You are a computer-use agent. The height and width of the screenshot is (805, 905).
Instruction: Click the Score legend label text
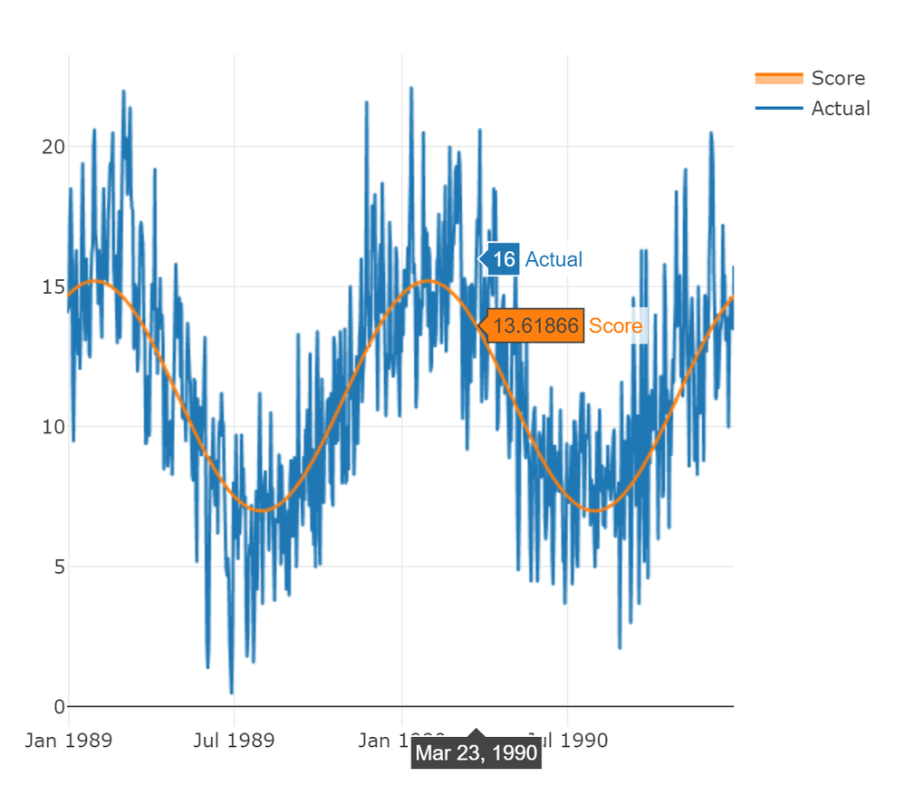[837, 78]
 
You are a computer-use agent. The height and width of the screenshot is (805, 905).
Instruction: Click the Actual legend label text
[840, 109]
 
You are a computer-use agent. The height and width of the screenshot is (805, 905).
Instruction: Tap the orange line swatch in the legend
[778, 78]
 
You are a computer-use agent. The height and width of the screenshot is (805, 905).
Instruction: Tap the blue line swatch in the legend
[778, 109]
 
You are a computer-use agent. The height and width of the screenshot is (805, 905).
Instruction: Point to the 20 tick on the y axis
[53, 147]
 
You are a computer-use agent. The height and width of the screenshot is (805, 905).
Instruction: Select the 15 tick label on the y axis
[53, 287]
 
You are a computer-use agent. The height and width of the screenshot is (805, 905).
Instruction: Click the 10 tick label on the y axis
[53, 427]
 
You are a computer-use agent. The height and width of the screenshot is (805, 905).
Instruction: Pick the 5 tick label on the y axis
[60, 567]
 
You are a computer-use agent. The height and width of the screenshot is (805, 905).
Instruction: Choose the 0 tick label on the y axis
[60, 706]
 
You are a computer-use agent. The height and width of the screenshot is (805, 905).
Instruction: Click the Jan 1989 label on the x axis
[69, 741]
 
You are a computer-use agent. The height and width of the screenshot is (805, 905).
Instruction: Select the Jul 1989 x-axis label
[234, 741]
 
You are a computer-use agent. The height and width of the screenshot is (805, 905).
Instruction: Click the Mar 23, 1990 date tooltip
[477, 753]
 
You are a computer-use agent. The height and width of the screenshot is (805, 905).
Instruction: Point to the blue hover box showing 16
[504, 260]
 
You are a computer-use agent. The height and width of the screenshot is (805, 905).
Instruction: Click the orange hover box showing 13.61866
[535, 326]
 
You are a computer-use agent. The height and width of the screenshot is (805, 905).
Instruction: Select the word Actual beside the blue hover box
[554, 260]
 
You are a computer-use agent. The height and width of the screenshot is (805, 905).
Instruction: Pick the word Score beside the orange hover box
[615, 326]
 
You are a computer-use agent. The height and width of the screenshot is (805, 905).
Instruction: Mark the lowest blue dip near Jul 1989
[231, 693]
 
